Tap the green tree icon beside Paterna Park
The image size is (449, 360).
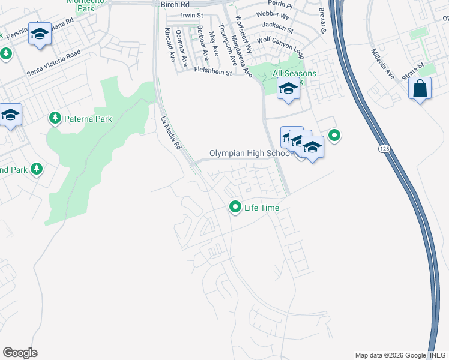(x=55, y=118)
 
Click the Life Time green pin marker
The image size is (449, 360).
(x=235, y=208)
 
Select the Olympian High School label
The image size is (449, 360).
(x=251, y=154)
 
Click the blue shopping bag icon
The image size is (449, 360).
(x=420, y=88)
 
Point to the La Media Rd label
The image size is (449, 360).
(x=171, y=133)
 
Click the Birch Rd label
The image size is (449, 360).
(x=175, y=4)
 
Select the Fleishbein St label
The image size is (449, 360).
(x=213, y=71)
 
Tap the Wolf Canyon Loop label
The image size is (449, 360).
(x=280, y=48)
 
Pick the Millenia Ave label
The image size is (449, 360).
(x=382, y=64)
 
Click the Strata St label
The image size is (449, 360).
(x=413, y=68)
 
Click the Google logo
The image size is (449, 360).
(x=20, y=353)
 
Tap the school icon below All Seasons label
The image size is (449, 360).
(x=288, y=89)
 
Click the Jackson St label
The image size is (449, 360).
(x=281, y=28)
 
